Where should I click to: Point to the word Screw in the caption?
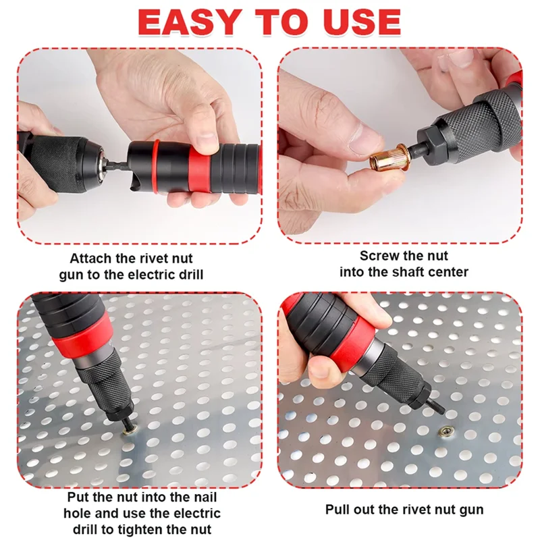coord(380,256)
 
